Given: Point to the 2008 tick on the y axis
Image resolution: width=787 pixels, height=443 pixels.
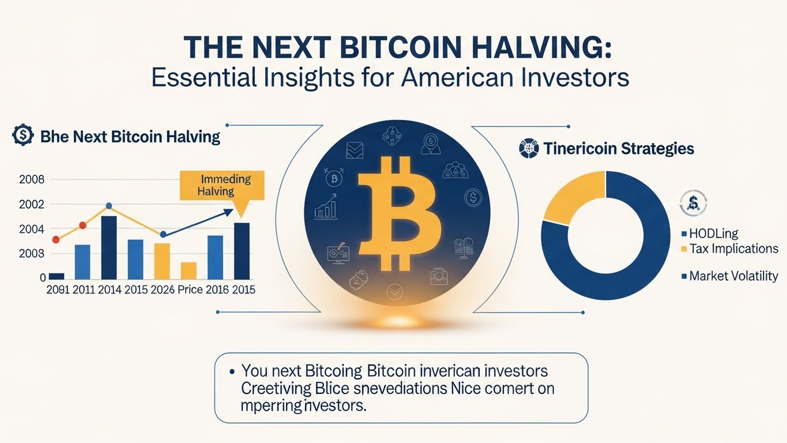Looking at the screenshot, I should [x=31, y=179].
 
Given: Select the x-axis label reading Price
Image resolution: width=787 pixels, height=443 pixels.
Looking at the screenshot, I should [x=190, y=290].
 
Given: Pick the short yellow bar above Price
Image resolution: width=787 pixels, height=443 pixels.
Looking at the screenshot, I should [x=189, y=271].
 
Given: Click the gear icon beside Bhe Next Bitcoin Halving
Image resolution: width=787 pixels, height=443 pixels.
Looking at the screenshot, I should [x=22, y=136].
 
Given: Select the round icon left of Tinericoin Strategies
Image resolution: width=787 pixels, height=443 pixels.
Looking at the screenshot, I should [x=528, y=148].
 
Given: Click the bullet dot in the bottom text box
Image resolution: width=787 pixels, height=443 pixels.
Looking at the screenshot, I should [x=231, y=371].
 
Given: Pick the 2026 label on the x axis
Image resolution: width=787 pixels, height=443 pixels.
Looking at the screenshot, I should [x=163, y=290].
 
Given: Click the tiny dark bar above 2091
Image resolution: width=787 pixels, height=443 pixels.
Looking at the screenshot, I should [x=57, y=276].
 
